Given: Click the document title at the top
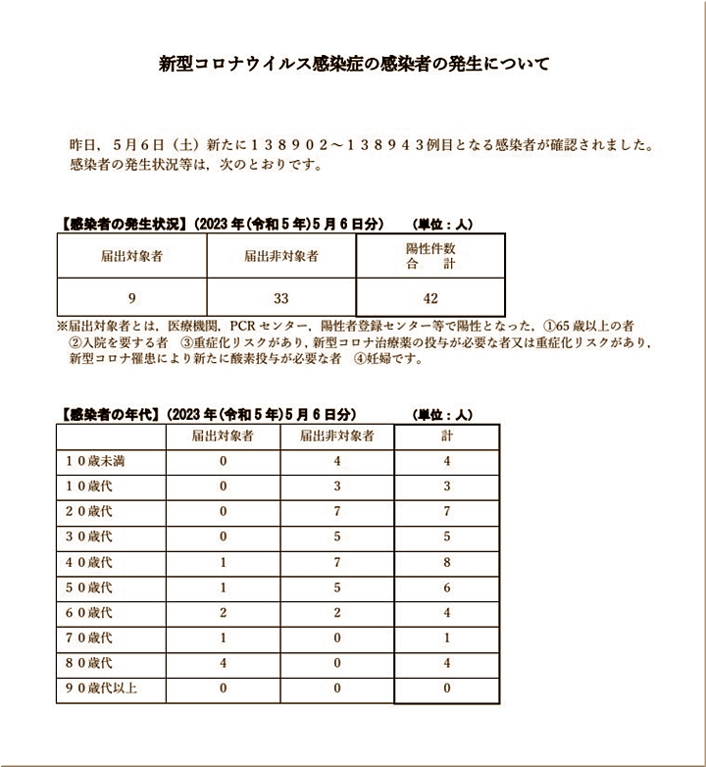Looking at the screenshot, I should [354, 65].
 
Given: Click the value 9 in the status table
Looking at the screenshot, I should [131, 297].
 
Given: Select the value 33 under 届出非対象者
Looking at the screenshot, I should [281, 297].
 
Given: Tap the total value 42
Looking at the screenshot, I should [430, 297].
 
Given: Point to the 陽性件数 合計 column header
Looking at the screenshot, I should [430, 256].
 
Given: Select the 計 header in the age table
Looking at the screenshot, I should [446, 435].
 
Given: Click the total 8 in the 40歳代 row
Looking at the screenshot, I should [446, 562].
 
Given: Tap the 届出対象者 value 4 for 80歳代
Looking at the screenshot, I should [224, 663].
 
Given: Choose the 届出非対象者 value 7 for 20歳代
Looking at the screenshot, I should [335, 511].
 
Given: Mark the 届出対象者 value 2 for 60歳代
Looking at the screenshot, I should [224, 612].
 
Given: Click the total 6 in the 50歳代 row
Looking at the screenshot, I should [446, 588].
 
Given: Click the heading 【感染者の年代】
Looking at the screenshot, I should [108, 414].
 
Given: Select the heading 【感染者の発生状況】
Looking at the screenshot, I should [121, 224].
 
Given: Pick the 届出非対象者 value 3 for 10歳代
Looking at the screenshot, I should [335, 486].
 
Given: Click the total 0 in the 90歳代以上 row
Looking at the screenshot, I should [446, 689].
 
